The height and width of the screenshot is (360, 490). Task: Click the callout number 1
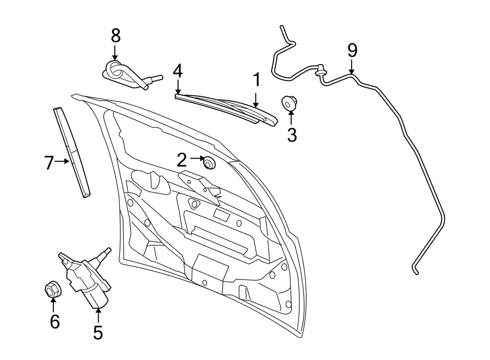pyautogui.click(x=255, y=81)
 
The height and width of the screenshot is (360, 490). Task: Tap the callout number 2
pyautogui.click(x=182, y=160)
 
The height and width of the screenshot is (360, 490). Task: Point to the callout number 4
pyautogui.click(x=177, y=71)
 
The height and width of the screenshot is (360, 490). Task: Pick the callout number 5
pyautogui.click(x=98, y=332)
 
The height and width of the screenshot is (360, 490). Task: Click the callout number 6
pyautogui.click(x=54, y=322)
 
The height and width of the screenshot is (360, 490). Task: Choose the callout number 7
pyautogui.click(x=50, y=162)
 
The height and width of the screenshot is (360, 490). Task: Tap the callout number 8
pyautogui.click(x=115, y=35)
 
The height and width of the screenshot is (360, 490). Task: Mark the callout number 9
pyautogui.click(x=352, y=51)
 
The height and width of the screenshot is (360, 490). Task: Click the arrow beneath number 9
pyautogui.click(x=352, y=68)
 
